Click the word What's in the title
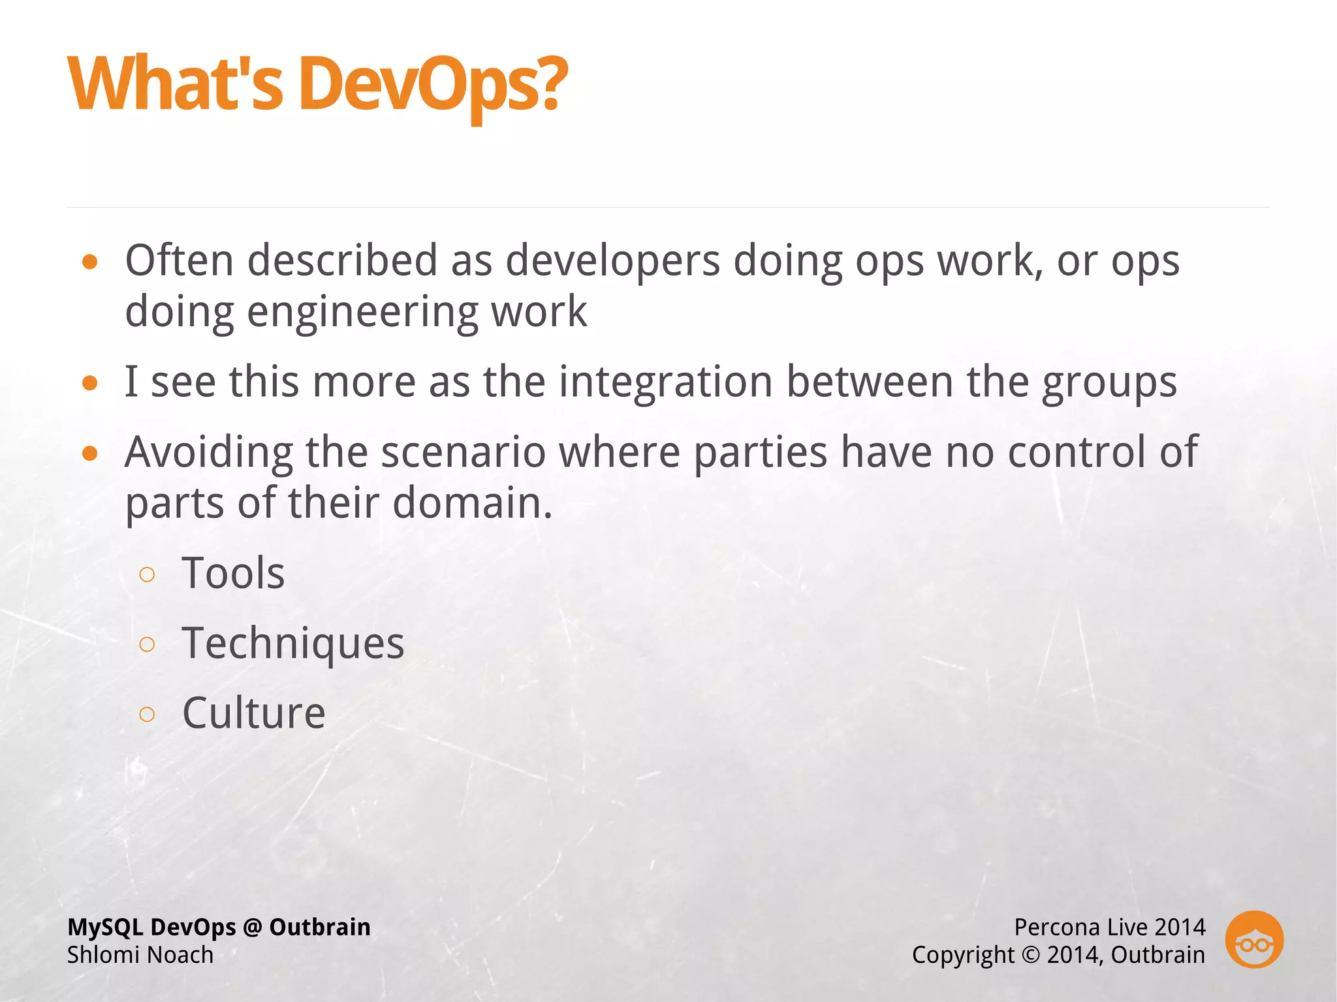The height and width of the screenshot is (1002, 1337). pyautogui.click(x=175, y=85)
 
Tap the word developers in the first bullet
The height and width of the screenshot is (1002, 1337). pyautogui.click(x=612, y=261)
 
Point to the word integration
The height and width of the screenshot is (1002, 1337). pyautogui.click(x=666, y=382)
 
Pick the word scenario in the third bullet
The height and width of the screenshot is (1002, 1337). pyautogui.click(x=463, y=452)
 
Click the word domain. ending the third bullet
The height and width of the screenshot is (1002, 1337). pyautogui.click(x=472, y=503)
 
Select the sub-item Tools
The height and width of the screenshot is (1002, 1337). pyautogui.click(x=233, y=574)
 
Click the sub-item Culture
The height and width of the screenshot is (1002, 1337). pyautogui.click(x=253, y=713)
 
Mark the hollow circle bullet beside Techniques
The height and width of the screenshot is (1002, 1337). pyautogui.click(x=148, y=645)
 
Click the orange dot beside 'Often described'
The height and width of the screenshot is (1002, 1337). pyautogui.click(x=90, y=262)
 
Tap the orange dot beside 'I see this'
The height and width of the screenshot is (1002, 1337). pyautogui.click(x=90, y=383)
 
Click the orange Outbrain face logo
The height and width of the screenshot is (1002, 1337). pyautogui.click(x=1254, y=939)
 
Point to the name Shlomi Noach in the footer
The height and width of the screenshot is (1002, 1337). pyautogui.click(x=140, y=955)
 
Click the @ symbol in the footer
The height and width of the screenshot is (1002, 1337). pyautogui.click(x=252, y=928)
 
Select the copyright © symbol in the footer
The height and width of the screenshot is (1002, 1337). pyautogui.click(x=1030, y=955)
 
